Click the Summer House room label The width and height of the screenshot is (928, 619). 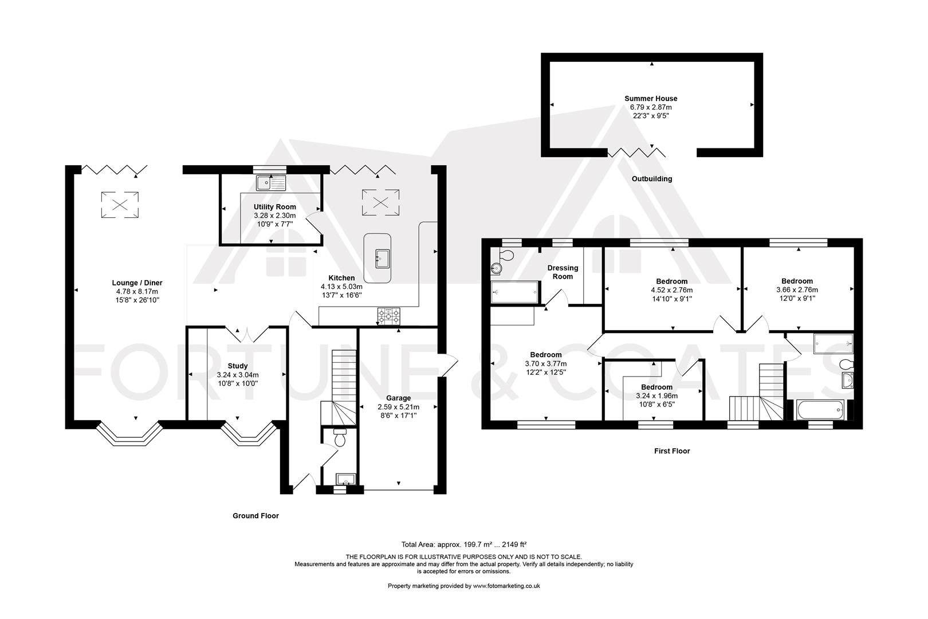[x=651, y=99]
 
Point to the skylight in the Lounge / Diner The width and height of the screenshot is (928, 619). [x=120, y=205]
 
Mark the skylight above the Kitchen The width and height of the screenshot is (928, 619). [x=380, y=202]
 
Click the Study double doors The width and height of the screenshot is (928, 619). [x=246, y=334]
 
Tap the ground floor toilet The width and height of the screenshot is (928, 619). [x=340, y=438]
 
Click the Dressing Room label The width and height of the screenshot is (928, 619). [x=563, y=272]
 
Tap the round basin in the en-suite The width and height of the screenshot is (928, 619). [x=497, y=268]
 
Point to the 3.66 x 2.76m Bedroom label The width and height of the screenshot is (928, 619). [x=797, y=281]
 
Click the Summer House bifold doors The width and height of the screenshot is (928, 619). [x=636, y=152]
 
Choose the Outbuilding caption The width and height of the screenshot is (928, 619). [x=651, y=179]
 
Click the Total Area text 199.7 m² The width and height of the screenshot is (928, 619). [x=465, y=544]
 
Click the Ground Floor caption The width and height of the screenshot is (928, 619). [x=255, y=516]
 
